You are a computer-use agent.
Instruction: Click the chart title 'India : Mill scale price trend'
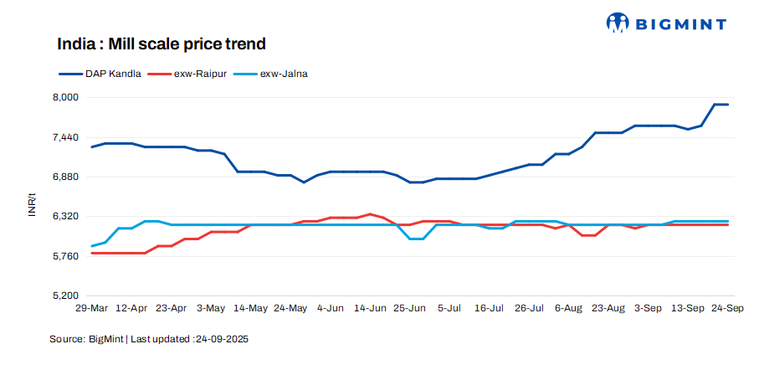[x=161, y=44]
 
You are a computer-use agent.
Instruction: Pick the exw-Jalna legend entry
[x=276, y=74]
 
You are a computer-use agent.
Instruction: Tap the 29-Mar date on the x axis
[x=91, y=309]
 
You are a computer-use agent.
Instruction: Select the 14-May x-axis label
[x=250, y=309]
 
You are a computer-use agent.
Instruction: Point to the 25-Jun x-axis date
[x=409, y=309]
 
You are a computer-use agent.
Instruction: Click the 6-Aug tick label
[x=568, y=309]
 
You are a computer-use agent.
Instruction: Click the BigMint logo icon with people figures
[x=618, y=23]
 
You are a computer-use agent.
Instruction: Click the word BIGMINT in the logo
[x=680, y=24]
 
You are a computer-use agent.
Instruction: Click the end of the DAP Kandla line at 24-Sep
[x=727, y=105]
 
